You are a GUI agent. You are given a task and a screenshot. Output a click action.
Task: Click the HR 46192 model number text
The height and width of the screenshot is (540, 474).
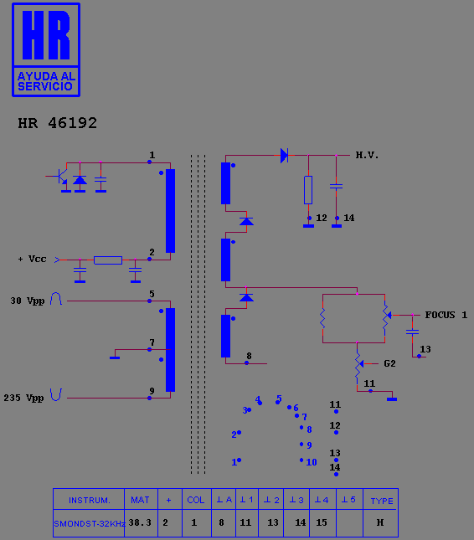58,123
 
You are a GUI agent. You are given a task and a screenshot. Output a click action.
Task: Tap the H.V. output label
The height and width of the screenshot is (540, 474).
367,156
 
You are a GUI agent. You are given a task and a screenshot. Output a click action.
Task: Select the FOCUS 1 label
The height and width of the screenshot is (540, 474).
446,315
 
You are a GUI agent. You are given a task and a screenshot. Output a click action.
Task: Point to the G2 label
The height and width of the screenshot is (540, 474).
389,363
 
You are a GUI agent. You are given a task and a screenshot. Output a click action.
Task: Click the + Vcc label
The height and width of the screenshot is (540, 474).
32,259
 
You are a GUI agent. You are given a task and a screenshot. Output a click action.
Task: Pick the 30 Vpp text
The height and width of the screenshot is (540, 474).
28,301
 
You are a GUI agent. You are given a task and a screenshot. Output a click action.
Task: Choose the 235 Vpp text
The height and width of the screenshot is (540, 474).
23,399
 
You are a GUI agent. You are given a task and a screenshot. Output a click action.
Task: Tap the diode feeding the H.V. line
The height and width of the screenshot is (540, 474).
284,156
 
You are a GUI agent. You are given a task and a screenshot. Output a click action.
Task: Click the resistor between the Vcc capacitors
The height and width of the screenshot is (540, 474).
108,260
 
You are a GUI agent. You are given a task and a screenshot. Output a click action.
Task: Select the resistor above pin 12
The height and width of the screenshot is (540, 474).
308,190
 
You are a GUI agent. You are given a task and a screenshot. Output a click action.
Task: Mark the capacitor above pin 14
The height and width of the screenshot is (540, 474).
336,187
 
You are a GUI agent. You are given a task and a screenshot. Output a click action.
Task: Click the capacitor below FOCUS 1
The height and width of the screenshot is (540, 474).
412,332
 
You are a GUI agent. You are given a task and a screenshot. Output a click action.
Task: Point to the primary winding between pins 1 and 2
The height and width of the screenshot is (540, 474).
170,211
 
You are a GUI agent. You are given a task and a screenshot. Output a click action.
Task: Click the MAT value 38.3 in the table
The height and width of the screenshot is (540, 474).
140,522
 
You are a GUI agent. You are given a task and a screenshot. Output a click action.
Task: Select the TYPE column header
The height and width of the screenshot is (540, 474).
382,501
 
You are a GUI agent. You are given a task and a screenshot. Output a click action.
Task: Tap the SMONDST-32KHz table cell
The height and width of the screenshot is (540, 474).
90,524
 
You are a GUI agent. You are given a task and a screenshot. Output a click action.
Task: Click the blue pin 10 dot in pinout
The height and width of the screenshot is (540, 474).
301,460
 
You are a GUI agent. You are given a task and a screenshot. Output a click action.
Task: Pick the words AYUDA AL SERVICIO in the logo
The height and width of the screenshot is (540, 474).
46,81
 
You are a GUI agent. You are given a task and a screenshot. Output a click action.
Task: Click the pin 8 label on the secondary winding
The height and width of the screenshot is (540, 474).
249,356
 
